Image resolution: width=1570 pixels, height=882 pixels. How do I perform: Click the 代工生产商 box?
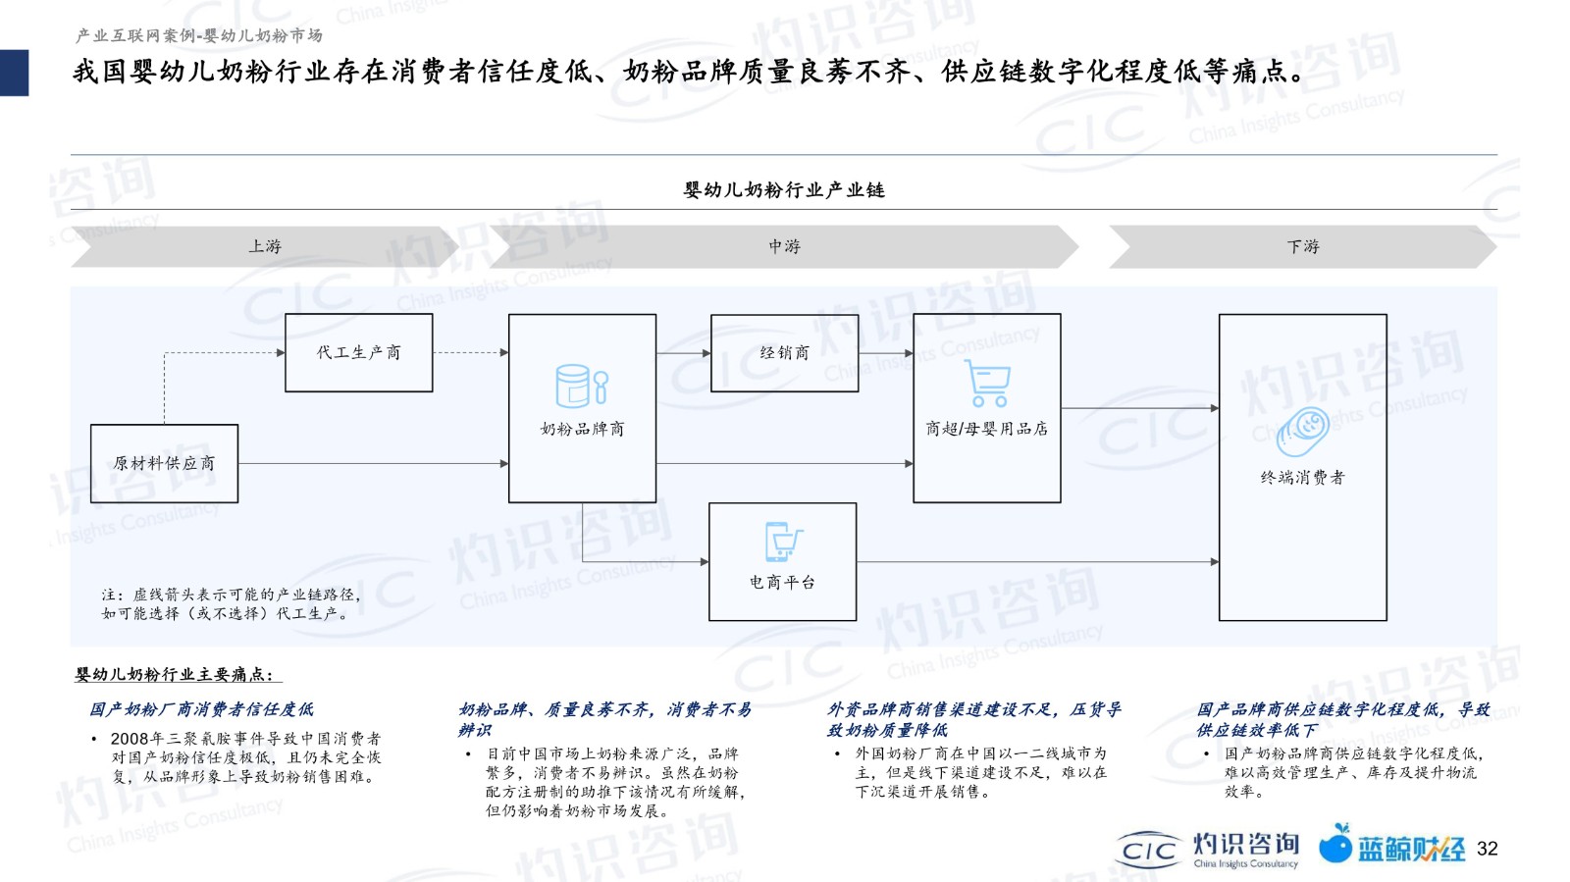click(359, 352)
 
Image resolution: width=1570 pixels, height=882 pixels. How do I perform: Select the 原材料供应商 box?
click(164, 463)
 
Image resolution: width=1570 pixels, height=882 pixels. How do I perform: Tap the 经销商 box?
click(784, 352)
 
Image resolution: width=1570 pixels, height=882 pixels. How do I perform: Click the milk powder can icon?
click(582, 386)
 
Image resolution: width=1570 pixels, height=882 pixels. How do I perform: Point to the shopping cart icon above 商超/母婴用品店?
click(987, 383)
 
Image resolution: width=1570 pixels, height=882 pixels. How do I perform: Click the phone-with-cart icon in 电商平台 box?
click(783, 542)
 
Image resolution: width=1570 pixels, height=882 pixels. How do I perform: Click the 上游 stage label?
click(265, 246)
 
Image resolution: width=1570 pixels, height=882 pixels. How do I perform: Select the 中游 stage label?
click(784, 246)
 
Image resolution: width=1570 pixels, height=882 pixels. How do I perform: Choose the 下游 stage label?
click(1303, 246)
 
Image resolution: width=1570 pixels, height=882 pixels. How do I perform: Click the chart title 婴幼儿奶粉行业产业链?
click(784, 190)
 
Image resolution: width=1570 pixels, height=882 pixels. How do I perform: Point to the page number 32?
click(1488, 849)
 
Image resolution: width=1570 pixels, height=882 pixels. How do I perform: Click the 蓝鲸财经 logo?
click(1391, 845)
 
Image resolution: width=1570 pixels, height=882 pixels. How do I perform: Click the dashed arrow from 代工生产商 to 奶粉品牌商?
click(471, 352)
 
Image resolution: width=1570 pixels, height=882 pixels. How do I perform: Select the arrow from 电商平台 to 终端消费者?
click(1038, 561)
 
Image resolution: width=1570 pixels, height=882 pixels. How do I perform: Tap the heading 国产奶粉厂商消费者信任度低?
click(201, 709)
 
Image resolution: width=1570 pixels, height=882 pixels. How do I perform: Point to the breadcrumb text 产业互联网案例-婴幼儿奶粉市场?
click(198, 35)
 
